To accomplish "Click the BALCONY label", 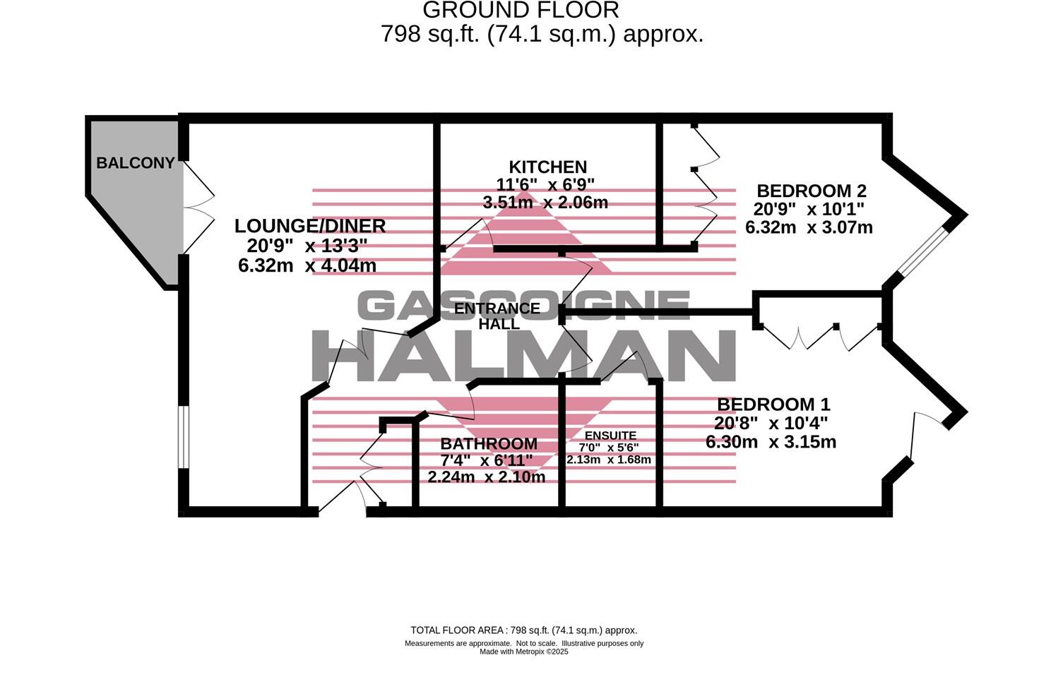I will coord(135,163).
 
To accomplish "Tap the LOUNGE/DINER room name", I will coord(310,226).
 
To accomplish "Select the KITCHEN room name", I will coord(548,167).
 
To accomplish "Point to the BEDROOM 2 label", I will coord(812,191).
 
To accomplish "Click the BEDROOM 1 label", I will coord(773,405).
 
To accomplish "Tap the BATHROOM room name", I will coord(489,444).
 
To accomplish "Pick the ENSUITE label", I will coord(610,436).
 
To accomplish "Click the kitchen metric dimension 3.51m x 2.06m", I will coord(545,203).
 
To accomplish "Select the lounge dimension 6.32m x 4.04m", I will coord(307,266).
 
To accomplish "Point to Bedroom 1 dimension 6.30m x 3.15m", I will coord(771,443).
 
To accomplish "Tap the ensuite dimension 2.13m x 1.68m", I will coord(609,460).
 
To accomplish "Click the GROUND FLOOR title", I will coord(521,11).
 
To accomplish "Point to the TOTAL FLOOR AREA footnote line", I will coord(524,630).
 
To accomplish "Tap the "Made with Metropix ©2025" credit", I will coord(524,652).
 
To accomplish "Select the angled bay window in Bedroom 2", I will coord(922,251).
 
